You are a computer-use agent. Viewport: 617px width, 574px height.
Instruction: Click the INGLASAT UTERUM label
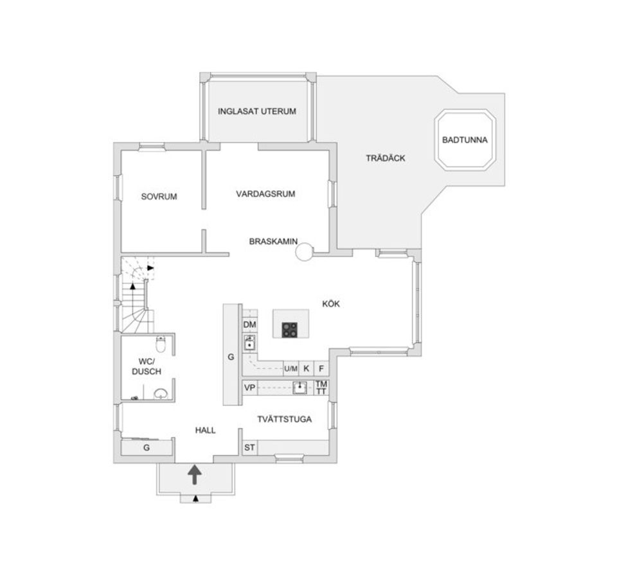coord(256,111)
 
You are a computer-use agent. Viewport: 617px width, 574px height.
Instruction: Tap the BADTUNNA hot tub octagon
coord(466,140)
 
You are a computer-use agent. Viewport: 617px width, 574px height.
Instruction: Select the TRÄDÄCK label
coord(385,158)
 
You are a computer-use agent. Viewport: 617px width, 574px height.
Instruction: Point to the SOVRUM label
coord(159,197)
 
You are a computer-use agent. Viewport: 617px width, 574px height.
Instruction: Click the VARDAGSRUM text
coord(265,193)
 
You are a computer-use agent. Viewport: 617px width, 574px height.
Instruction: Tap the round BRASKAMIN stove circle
coord(304,252)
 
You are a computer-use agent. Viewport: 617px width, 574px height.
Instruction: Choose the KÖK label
coord(331,304)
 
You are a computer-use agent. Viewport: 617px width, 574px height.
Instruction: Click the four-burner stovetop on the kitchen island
coord(290,330)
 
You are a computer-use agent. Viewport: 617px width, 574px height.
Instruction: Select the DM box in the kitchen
coord(249,325)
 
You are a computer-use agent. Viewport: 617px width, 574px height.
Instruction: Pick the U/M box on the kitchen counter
coord(291,368)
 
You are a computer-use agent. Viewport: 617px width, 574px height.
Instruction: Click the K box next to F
coord(307,368)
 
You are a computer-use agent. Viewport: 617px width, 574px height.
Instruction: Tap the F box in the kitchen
coord(321,368)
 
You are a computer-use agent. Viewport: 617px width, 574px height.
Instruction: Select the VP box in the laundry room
coord(249,388)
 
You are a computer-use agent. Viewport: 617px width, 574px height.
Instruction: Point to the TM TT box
coord(321,388)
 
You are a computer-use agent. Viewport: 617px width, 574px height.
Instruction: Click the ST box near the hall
coord(249,447)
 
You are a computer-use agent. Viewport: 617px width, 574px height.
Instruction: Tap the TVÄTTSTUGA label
coord(284,420)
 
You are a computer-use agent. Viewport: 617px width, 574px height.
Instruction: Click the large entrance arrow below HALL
coord(194,475)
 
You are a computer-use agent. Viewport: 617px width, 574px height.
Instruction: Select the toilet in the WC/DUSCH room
coord(162,345)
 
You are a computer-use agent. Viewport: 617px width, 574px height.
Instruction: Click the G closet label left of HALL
coord(147,447)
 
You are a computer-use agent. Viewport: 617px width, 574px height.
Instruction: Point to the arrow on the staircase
coord(149,267)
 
